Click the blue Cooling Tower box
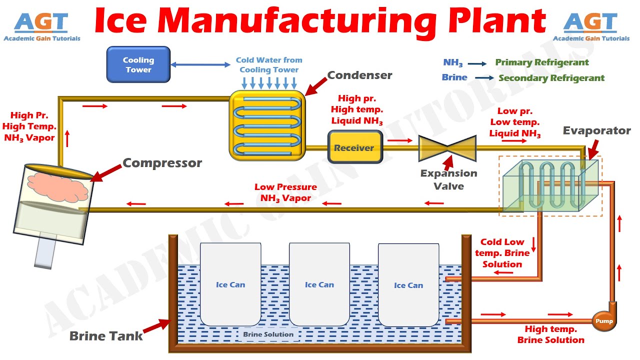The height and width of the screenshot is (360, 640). pos(138,64)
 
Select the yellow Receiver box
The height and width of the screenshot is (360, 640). pos(354,147)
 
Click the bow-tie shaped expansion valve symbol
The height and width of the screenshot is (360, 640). pos(447,147)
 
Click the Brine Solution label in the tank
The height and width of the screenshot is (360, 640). pos(268,334)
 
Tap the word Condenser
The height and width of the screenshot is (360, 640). pos(359,75)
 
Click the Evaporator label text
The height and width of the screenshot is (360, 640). pos(596,131)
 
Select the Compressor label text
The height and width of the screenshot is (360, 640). pos(162,163)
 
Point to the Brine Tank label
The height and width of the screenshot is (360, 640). pos(106,336)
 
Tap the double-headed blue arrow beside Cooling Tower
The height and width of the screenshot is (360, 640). pos(200,64)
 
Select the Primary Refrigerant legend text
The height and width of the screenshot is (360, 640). pos(542,62)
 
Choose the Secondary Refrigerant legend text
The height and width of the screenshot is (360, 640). pos(551,78)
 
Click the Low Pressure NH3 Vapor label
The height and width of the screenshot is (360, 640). pos(285,192)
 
